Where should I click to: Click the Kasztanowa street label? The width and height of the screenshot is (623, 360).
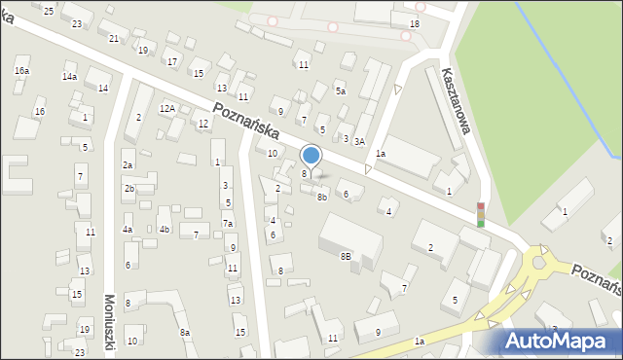point(456,108)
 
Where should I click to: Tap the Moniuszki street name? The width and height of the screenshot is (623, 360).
point(109,326)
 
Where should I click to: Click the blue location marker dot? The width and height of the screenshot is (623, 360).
point(311,155)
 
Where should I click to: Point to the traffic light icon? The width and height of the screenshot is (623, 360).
point(480,214)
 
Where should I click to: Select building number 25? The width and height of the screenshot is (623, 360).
point(49,10)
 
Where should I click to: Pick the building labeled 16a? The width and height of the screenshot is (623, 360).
point(21,71)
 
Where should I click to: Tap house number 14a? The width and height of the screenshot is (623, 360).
point(69,76)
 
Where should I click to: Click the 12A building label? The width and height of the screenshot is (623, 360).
point(167,108)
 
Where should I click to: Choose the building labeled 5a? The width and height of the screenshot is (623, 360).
point(341,91)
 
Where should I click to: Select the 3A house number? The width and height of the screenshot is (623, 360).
point(359,142)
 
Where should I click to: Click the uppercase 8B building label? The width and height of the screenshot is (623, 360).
point(346,256)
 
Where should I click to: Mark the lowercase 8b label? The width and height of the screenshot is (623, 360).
point(322,197)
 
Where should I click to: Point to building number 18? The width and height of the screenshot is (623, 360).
point(415,23)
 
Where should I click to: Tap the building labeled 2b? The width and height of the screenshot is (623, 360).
point(128,189)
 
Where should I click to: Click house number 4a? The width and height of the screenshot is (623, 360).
point(127,230)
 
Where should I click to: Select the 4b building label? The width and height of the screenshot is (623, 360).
point(165,230)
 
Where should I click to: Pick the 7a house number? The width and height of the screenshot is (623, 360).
point(228,224)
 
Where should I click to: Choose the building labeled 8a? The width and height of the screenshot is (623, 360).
point(185,333)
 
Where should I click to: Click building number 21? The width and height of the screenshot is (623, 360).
point(114,38)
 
